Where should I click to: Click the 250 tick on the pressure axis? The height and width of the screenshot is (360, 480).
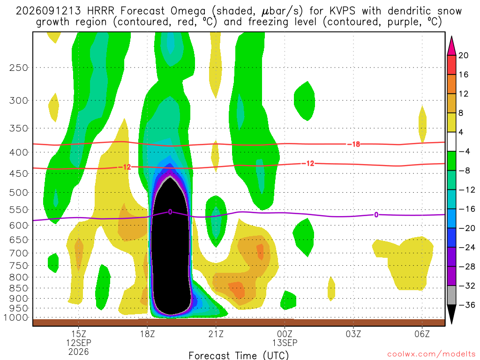pyautogui.click(x=19, y=67)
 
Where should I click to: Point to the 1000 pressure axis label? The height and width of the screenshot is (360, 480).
pyautogui.click(x=15, y=318)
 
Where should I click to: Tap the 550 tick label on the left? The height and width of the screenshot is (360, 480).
pyautogui.click(x=19, y=210)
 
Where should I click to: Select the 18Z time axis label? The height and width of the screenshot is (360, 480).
pyautogui.click(x=147, y=334)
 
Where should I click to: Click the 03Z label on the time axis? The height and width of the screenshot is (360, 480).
pyautogui.click(x=353, y=334)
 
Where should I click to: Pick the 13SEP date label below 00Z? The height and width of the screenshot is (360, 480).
pyautogui.click(x=285, y=343)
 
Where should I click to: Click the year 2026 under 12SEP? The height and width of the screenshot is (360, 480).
pyautogui.click(x=79, y=352)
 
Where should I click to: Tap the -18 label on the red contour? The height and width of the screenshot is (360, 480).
pyautogui.click(x=353, y=144)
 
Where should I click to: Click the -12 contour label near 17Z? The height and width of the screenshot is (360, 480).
pyautogui.click(x=125, y=167)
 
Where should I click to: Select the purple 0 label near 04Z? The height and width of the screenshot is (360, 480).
pyautogui.click(x=376, y=215)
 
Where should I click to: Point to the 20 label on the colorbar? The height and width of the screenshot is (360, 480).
pyautogui.click(x=464, y=55)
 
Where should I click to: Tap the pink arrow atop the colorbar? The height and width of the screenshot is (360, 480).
pyautogui.click(x=451, y=46)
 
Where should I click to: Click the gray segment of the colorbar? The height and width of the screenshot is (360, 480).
pyautogui.click(x=451, y=295)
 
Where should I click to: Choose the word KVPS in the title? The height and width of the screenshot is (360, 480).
pyautogui.click(x=343, y=11)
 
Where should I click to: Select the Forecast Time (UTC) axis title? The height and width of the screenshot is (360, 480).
pyautogui.click(x=239, y=355)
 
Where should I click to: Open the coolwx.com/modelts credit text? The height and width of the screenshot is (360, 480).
pyautogui.click(x=431, y=354)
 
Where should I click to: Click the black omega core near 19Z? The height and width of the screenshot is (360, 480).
pyautogui.click(x=171, y=245)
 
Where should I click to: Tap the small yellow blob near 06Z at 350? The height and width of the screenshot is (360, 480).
pyautogui.click(x=422, y=124)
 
